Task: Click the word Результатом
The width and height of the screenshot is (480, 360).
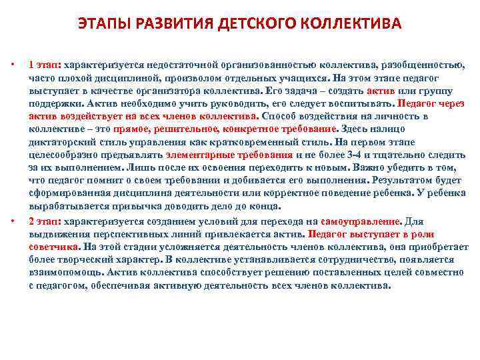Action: click(x=403, y=181)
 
